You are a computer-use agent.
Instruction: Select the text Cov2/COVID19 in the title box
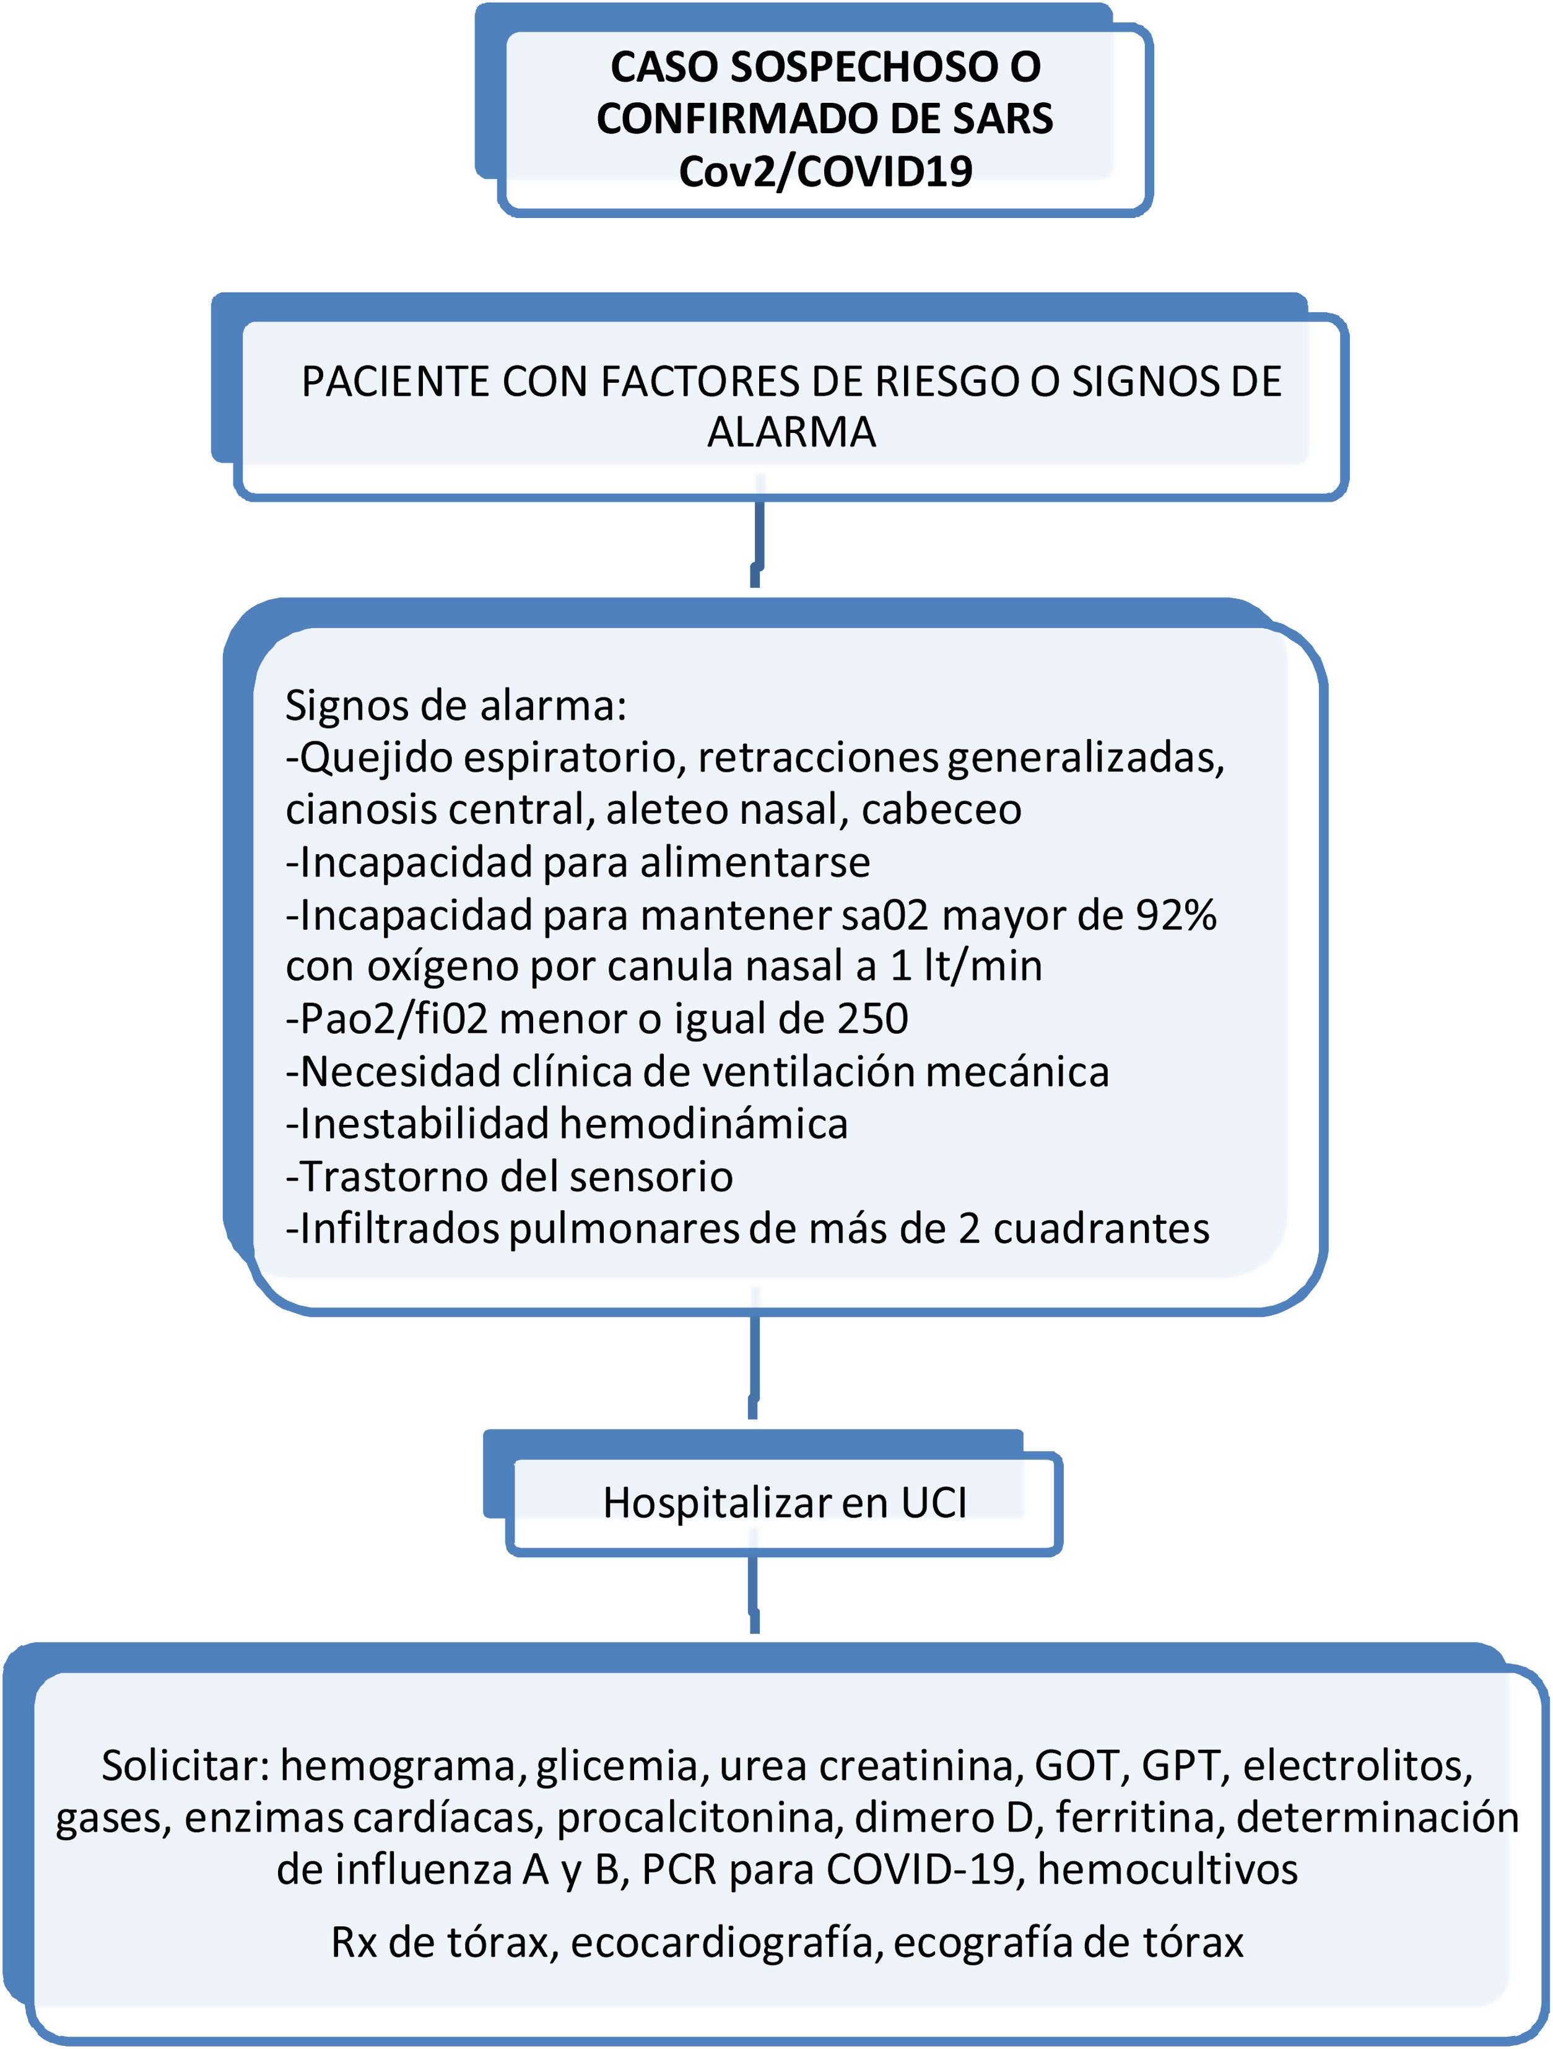point(825,172)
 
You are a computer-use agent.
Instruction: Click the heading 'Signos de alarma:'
point(456,706)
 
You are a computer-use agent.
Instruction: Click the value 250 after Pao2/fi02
point(872,1019)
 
